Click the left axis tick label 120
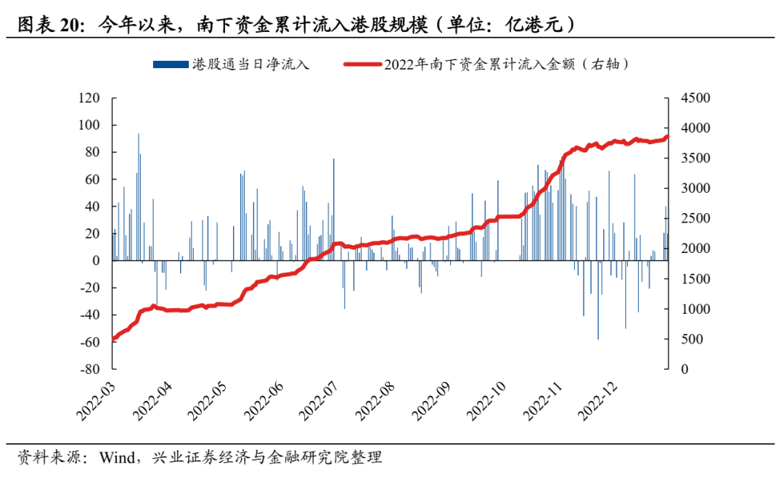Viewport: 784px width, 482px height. pos(89,98)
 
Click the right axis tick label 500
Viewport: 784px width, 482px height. pos(687,339)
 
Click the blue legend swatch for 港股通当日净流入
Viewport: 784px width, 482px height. pos(171,65)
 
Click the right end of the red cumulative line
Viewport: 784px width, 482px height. pos(667,136)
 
